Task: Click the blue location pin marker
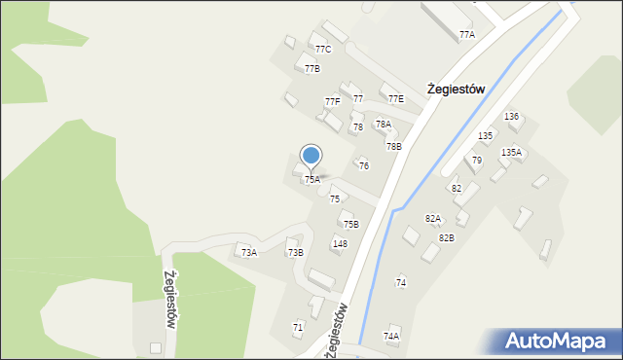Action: tap(311, 156)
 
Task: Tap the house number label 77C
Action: tap(323, 49)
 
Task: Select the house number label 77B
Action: tap(311, 69)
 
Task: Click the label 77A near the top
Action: tap(467, 35)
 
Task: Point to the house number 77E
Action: tap(395, 99)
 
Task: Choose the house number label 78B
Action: tap(393, 147)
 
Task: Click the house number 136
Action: tap(511, 117)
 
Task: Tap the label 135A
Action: tap(511, 153)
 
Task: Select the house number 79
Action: tap(477, 161)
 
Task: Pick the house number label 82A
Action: tap(433, 219)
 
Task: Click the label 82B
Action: tap(446, 238)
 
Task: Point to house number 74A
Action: tap(391, 336)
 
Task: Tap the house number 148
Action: tap(340, 244)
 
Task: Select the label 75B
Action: tap(350, 225)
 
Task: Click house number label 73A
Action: tap(249, 253)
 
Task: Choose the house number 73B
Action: tap(295, 253)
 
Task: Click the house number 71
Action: tap(298, 328)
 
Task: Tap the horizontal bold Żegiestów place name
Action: tap(456, 89)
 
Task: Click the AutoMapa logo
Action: tap(560, 342)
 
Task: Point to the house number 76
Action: tap(364, 166)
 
